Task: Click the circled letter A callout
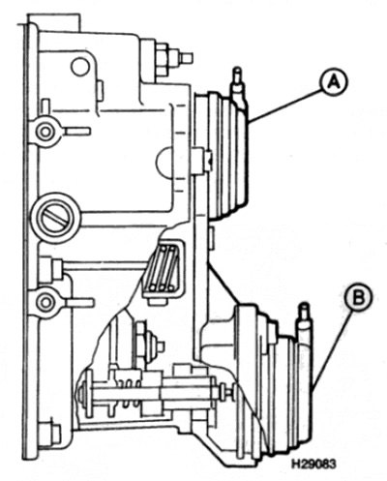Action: click(334, 83)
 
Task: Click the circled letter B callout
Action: click(358, 297)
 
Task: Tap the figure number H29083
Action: click(313, 464)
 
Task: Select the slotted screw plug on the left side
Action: click(55, 217)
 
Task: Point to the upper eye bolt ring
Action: click(45, 132)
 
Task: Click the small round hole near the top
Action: click(80, 67)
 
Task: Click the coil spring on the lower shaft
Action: click(129, 393)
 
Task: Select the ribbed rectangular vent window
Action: click(163, 268)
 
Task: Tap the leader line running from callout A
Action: click(285, 105)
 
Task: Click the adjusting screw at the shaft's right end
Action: click(225, 392)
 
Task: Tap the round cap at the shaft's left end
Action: click(81, 393)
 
